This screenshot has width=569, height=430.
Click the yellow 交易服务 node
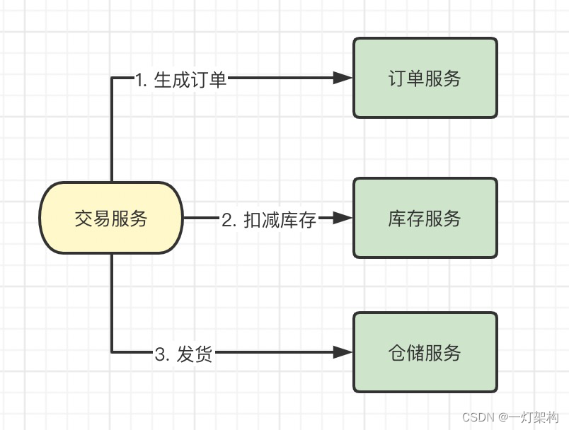pyautogui.click(x=111, y=219)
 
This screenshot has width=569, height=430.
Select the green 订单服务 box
pyautogui.click(x=425, y=78)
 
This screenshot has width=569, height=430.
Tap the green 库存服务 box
pyautogui.click(x=425, y=219)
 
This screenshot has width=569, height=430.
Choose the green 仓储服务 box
pyautogui.click(x=425, y=352)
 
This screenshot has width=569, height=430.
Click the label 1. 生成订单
pyautogui.click(x=181, y=79)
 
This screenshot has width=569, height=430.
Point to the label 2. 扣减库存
pyautogui.click(x=269, y=219)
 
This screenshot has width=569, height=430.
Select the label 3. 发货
pyautogui.click(x=183, y=354)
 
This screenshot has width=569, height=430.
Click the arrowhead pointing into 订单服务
pyautogui.click(x=343, y=78)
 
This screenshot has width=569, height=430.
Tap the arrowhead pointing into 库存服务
pyautogui.click(x=343, y=219)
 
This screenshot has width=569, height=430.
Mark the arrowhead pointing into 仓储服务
pyautogui.click(x=343, y=352)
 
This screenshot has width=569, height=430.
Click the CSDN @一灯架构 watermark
pyautogui.click(x=505, y=417)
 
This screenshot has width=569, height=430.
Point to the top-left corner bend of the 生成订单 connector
pyautogui.click(x=112, y=78)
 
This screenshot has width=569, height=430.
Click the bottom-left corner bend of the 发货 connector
pyautogui.click(x=112, y=352)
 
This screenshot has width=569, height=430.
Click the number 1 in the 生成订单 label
pyautogui.click(x=139, y=79)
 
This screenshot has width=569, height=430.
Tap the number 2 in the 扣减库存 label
pyautogui.click(x=227, y=219)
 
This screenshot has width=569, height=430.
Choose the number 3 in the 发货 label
pyautogui.click(x=160, y=354)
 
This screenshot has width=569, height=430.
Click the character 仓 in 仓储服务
pyautogui.click(x=397, y=352)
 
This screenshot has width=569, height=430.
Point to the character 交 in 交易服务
pyautogui.click(x=84, y=219)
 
